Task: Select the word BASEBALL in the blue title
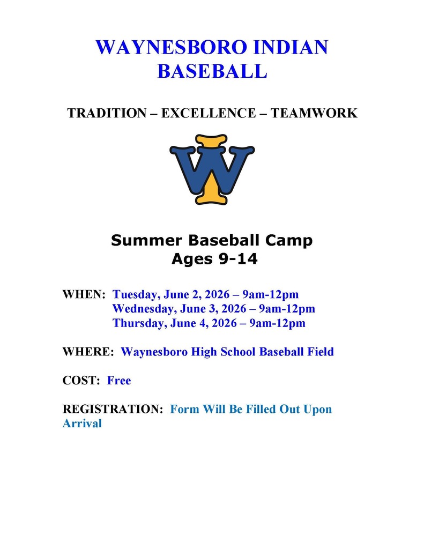click(x=212, y=71)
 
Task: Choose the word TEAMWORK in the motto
click(x=314, y=113)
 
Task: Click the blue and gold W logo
click(x=212, y=169)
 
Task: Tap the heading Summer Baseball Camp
click(x=212, y=240)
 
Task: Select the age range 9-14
click(x=233, y=259)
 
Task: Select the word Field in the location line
click(x=319, y=352)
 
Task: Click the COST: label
click(x=82, y=381)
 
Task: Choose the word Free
click(x=119, y=381)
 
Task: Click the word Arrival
click(x=82, y=424)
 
